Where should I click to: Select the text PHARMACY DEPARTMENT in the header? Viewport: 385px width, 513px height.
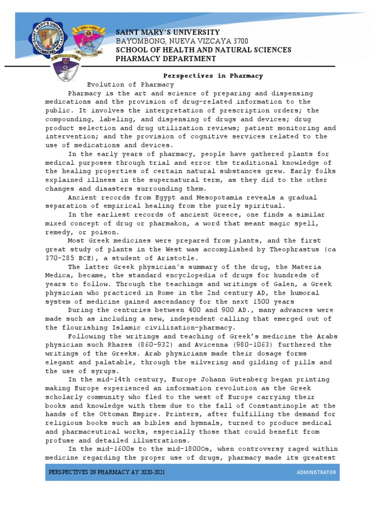click(166, 59)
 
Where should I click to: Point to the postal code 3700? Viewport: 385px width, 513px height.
click(239, 41)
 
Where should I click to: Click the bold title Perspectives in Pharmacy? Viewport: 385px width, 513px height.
click(213, 76)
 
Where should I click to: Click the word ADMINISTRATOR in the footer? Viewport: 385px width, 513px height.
click(316, 473)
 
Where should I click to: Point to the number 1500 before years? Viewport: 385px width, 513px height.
click(263, 302)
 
